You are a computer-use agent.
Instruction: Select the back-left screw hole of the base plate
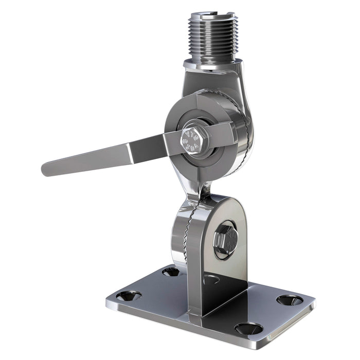click(x=171, y=271)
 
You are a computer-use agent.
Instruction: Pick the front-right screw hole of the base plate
click(x=248, y=328)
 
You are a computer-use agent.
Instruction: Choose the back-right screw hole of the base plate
click(x=290, y=300)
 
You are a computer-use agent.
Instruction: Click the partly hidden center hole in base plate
click(x=210, y=280)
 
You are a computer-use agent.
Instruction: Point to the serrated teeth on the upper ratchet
click(x=247, y=129)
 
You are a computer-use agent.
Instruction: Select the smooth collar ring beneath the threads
click(x=211, y=64)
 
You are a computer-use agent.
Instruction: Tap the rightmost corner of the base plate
click(x=314, y=303)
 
